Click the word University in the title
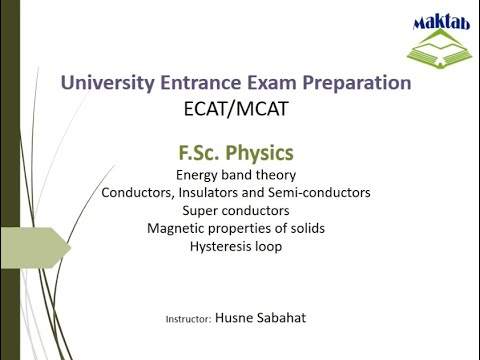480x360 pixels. click(x=108, y=84)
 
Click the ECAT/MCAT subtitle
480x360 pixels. click(x=236, y=109)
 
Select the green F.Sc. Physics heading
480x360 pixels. click(x=236, y=155)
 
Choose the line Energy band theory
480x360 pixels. click(x=236, y=175)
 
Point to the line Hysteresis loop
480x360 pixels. click(x=236, y=246)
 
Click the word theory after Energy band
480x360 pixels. click(x=275, y=175)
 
